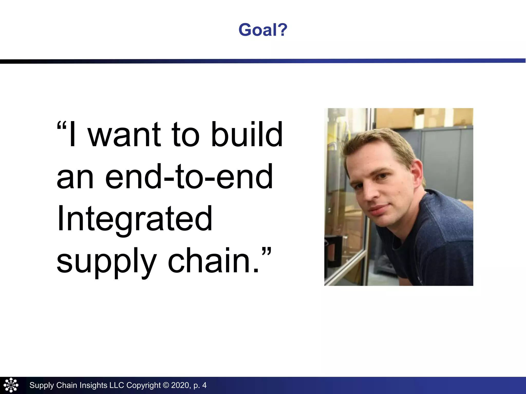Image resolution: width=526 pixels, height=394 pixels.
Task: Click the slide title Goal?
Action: [263, 30]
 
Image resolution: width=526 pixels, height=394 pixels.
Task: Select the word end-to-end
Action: [189, 177]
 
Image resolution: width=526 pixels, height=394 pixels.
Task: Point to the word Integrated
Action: [135, 219]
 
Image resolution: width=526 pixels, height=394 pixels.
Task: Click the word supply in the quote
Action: [106, 262]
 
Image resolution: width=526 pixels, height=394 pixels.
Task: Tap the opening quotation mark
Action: [61, 126]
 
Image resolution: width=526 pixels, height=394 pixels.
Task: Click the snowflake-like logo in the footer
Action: [11, 385]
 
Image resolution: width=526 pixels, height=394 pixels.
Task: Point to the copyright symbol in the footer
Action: [166, 385]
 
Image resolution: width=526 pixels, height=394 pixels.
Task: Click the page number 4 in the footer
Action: [204, 385]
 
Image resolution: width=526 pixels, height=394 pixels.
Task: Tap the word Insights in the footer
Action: [93, 385]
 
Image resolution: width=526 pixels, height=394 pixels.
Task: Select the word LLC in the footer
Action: [117, 385]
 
